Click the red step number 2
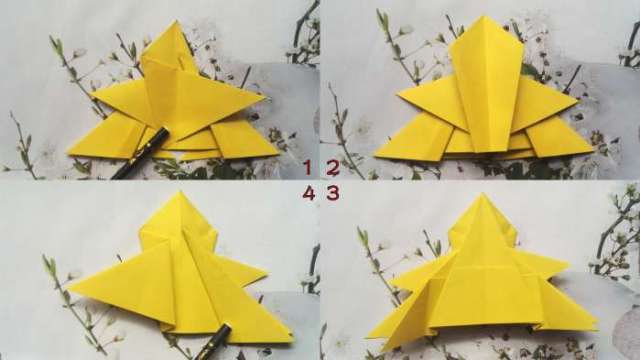[x=332, y=167]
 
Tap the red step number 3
[x=332, y=192]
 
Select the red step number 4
[x=308, y=192]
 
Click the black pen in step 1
[x=140, y=154]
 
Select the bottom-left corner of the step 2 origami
[x=374, y=156]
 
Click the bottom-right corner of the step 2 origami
[x=594, y=156]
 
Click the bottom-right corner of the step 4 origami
[x=292, y=341]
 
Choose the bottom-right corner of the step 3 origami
[x=596, y=325]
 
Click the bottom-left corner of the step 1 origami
[x=67, y=154]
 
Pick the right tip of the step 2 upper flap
[x=578, y=96]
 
